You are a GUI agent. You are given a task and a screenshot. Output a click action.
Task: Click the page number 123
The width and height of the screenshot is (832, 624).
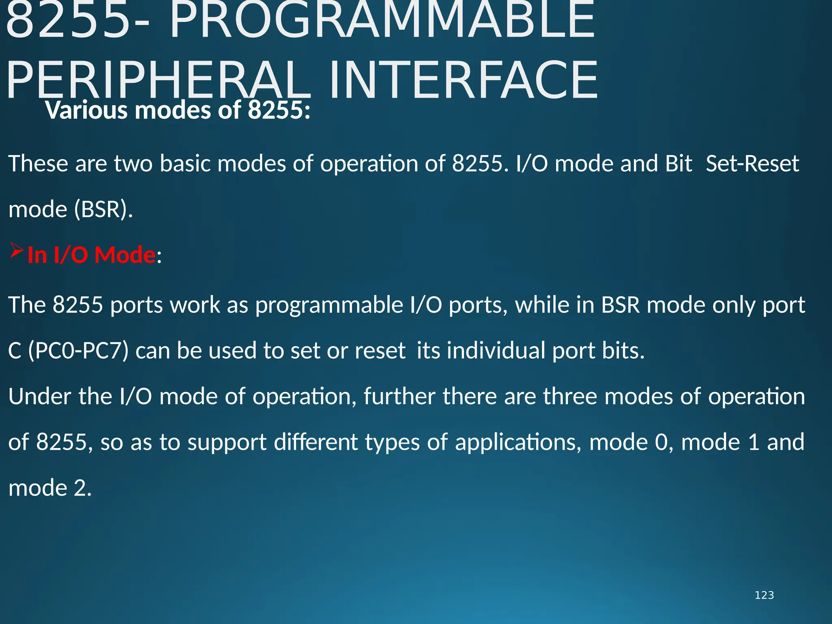[x=764, y=595]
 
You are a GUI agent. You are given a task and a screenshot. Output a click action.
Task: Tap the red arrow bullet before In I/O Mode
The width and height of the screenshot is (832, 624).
[x=17, y=251]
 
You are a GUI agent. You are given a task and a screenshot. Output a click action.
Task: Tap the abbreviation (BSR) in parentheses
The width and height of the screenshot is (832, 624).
[x=104, y=210]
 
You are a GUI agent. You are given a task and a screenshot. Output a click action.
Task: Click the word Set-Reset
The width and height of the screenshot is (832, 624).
[x=752, y=164]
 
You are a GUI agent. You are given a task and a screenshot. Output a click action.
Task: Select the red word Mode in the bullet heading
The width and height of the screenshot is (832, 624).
[x=125, y=255]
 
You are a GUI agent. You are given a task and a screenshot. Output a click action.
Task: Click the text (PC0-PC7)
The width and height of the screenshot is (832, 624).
[x=78, y=351]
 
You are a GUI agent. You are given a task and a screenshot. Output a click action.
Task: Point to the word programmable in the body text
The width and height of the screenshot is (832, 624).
[x=329, y=305]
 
